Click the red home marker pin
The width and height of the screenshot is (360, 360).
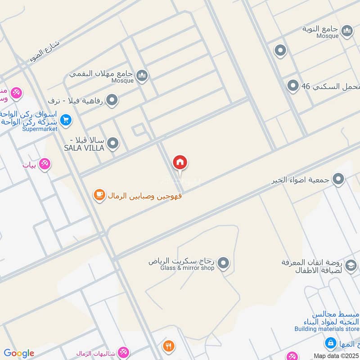click(180, 163)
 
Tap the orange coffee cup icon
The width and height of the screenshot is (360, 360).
click(99, 195)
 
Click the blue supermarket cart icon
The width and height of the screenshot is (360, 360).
click(66, 120)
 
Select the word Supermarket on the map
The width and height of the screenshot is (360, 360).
click(40, 129)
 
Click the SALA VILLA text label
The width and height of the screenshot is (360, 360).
click(84, 148)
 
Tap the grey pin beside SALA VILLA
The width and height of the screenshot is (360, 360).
click(113, 144)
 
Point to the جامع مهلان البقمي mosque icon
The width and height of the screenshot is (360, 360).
click(142, 75)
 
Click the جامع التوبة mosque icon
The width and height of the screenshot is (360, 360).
click(347, 31)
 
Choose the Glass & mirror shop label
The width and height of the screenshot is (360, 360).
click(187, 268)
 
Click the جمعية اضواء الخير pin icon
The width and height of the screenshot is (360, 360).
click(339, 180)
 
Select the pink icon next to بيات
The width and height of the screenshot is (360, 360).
click(44, 164)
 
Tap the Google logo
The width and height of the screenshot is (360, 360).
click(19, 353)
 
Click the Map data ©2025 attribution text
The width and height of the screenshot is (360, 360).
click(336, 355)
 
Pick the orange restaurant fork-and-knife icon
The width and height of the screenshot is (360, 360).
click(169, 346)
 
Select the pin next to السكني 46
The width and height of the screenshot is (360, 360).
click(293, 85)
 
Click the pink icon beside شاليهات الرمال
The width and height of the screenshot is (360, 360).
click(122, 352)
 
